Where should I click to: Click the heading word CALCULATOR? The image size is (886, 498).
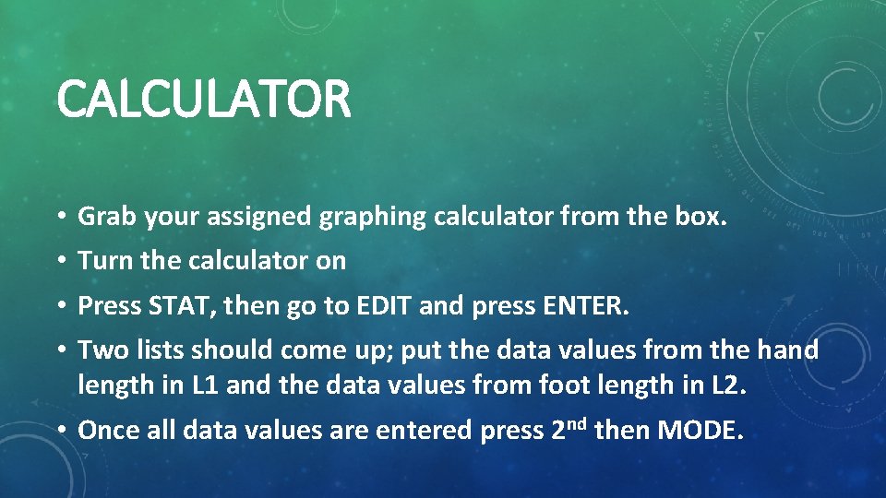pyautogui.click(x=204, y=100)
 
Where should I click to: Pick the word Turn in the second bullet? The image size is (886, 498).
pyautogui.click(x=105, y=261)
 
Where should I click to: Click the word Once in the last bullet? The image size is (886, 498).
pyautogui.click(x=106, y=430)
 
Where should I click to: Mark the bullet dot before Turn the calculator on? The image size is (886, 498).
pyautogui.click(x=59, y=262)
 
